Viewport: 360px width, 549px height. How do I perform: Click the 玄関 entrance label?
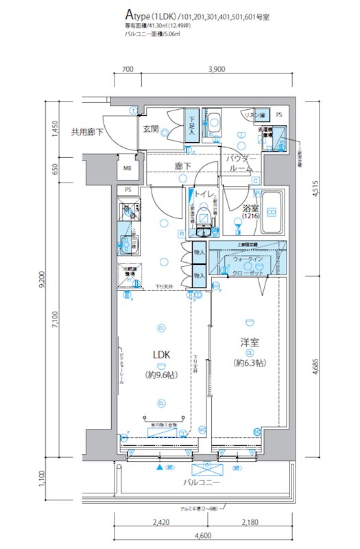pos(151,128)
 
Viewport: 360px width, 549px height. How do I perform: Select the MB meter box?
pos(128,168)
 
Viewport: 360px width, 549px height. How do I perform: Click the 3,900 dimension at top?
pos(216,69)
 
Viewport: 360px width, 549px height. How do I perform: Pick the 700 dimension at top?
pos(128,69)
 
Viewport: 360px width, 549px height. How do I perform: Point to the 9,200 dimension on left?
pos(42,279)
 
